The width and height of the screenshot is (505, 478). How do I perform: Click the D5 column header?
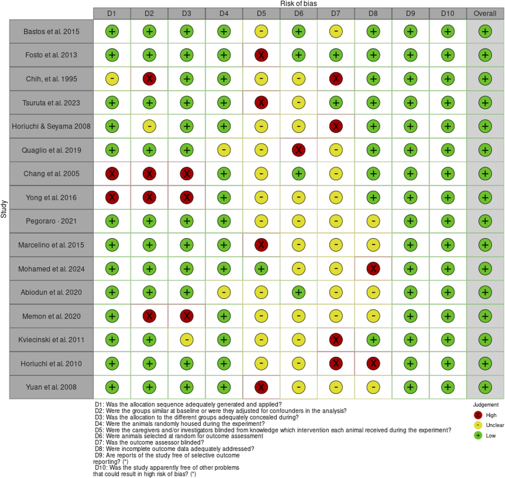point(261,13)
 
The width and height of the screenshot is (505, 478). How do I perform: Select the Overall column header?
point(485,13)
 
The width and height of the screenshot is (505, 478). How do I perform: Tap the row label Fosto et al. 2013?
point(51,55)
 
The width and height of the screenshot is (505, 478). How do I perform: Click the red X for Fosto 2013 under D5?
point(261,55)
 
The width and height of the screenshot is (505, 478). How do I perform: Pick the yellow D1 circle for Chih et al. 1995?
point(112,79)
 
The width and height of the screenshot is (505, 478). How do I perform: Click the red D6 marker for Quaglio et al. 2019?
point(298,150)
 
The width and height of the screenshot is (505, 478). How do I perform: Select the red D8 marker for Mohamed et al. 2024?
point(373,269)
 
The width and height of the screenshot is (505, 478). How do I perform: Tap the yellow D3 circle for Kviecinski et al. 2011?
point(187,340)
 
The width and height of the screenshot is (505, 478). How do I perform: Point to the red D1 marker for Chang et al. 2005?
point(112,174)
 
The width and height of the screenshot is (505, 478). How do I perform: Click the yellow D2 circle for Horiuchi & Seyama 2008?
point(149,126)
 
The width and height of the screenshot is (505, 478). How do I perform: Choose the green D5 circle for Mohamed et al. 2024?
point(261,269)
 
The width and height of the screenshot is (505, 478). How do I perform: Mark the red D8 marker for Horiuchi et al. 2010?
point(373,363)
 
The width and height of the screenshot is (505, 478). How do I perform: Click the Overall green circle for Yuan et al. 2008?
point(485,387)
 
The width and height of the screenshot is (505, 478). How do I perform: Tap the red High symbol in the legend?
point(478,415)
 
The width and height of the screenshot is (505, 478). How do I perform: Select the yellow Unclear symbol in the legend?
point(478,425)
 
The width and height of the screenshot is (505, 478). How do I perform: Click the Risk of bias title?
point(298,3)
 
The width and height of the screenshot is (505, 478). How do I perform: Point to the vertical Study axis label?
point(4,209)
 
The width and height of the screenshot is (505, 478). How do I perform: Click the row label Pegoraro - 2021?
point(51,221)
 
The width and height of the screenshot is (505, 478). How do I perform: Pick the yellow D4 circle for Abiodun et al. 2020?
point(224,292)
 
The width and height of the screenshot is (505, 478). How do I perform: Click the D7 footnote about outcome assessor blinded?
point(150,442)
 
